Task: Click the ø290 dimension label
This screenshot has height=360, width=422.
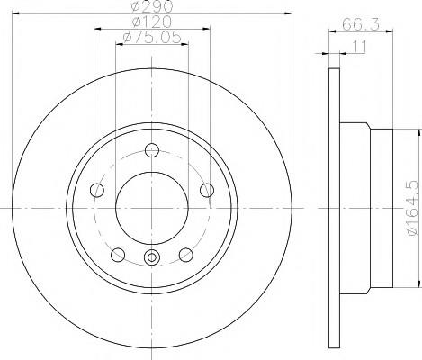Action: click(152, 6)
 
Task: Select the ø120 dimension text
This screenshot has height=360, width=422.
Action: click(152, 22)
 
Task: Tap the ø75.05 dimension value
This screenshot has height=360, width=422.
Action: click(152, 37)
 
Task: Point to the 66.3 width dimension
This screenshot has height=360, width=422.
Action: click(361, 24)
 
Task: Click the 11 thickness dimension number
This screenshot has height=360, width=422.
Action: click(359, 47)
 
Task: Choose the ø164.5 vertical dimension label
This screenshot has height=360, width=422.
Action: click(412, 208)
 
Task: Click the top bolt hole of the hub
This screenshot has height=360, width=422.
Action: click(152, 150)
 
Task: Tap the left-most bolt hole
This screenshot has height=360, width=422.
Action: click(97, 190)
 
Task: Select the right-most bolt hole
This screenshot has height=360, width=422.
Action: click(207, 190)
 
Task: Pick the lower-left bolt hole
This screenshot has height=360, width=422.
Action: click(118, 255)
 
